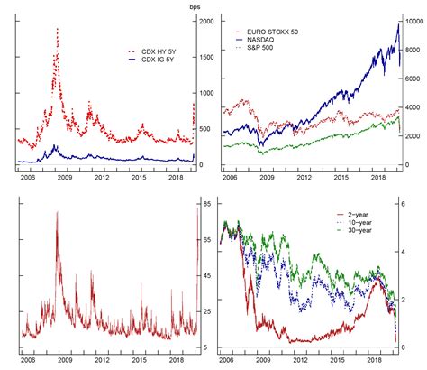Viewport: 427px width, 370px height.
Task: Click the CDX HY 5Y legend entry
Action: point(151,51)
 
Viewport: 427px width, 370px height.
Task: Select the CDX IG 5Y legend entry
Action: point(151,60)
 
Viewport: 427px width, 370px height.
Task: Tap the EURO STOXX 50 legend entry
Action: point(267,32)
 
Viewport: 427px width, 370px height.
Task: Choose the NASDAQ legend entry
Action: point(255,40)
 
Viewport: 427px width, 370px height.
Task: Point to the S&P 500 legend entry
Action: point(254,48)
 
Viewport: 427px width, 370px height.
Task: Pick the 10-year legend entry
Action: point(354,223)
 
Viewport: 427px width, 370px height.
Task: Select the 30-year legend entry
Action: point(354,230)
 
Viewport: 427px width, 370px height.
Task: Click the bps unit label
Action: point(195,7)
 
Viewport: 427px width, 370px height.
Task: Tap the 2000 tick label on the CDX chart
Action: point(207,22)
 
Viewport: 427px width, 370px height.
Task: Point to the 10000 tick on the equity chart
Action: point(414,22)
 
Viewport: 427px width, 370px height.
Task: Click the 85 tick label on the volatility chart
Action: point(207,204)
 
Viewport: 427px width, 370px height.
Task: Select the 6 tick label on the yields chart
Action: point(403,204)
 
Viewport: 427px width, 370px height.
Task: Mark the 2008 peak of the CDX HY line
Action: point(57,29)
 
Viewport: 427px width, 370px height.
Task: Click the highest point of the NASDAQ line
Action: point(398,24)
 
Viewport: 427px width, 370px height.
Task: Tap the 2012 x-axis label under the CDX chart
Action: point(102,178)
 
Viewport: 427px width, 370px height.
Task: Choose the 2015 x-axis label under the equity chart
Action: point(341,178)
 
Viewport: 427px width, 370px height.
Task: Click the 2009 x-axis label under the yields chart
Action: point(263,360)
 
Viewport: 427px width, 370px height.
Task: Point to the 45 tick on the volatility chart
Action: point(207,275)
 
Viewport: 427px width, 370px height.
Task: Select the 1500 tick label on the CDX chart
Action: point(207,57)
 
